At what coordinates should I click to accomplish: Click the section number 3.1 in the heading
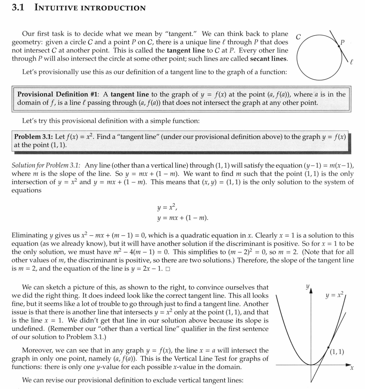coord(18,8)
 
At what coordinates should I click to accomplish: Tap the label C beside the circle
coord(298,37)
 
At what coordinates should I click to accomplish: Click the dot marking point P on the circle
coord(339,46)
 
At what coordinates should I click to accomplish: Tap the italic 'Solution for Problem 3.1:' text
coord(46,165)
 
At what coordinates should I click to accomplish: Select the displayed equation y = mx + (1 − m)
coord(182,218)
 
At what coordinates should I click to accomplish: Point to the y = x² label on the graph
coord(334,295)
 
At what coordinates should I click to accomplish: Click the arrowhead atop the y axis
coord(311,291)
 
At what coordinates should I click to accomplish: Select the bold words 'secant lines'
coord(268,59)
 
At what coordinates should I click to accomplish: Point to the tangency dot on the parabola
coord(328,347)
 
